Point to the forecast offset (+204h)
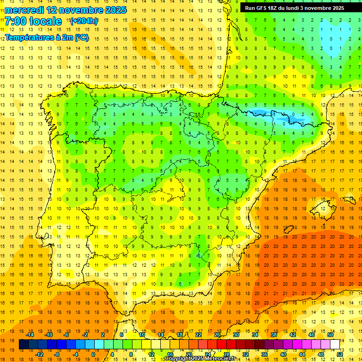(x=84, y=21)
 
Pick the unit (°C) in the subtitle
(x=82, y=38)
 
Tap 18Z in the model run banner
(x=274, y=8)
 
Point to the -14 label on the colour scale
(x=30, y=335)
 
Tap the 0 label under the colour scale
(x=94, y=354)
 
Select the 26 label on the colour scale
(x=217, y=335)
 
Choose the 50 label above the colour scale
(x=330, y=335)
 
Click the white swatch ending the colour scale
(x=335, y=345)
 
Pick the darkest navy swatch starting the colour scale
(x=24, y=345)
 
